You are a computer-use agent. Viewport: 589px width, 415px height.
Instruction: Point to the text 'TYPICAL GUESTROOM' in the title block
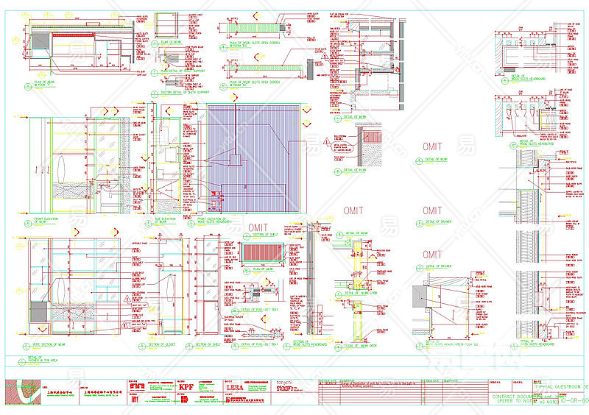pos(560,386)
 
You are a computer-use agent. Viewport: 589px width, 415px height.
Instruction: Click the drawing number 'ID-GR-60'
pos(574,401)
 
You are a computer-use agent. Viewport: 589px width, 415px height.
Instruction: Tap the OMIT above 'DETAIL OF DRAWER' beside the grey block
pos(433,255)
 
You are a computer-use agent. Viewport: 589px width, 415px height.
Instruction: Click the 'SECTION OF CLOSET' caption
pos(159,344)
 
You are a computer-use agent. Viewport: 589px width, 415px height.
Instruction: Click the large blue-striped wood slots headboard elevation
pos(254,159)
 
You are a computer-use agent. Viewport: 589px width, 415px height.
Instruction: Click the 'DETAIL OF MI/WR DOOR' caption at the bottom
pos(362,345)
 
